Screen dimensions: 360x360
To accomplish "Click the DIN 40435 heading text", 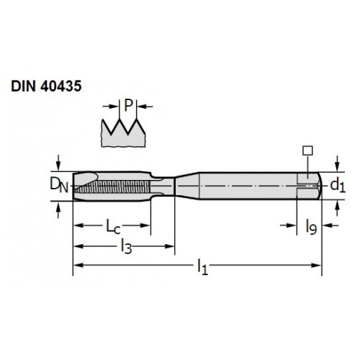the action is [46, 86].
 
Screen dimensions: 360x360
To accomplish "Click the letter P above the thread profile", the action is [129, 105].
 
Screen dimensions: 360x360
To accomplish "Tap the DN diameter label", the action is [59, 185].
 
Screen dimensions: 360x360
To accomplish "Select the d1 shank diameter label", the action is [338, 186].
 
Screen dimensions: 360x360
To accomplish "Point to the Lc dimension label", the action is [113, 227].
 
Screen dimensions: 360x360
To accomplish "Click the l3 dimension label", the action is [127, 247].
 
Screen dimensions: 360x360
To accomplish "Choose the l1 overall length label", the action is [202, 266].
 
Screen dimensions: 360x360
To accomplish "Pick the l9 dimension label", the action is [311, 227].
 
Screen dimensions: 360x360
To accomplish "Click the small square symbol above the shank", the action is [307, 150].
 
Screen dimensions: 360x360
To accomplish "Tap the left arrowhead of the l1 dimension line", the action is [78, 265].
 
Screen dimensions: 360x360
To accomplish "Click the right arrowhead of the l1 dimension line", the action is [316, 265].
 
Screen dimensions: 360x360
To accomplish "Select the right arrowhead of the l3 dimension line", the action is [169, 246].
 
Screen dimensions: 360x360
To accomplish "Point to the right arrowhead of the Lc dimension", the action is [145, 225].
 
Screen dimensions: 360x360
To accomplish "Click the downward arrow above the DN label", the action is [58, 163].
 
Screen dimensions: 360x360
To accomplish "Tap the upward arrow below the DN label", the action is [58, 210].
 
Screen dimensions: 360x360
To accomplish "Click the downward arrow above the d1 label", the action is [337, 163].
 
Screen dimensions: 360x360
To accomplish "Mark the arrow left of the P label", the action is [111, 106].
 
